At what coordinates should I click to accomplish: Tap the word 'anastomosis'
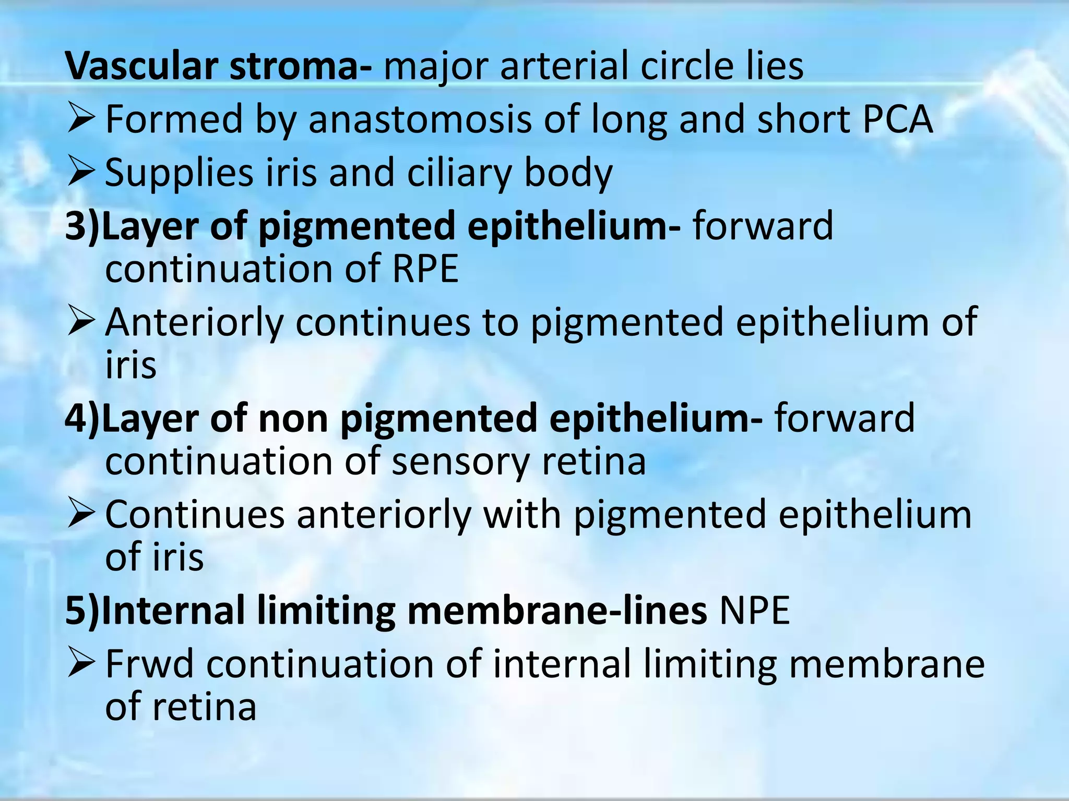[x=420, y=119]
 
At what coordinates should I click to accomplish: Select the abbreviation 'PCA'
[x=897, y=119]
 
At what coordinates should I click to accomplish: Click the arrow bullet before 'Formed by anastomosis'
[x=81, y=119]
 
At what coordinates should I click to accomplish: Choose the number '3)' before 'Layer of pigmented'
[x=82, y=226]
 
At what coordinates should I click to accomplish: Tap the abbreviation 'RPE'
[x=425, y=269]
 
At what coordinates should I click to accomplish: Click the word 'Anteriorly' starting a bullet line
[x=194, y=322]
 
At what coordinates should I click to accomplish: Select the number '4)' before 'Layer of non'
[x=82, y=418]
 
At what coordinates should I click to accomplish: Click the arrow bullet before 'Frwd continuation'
[x=81, y=664]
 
